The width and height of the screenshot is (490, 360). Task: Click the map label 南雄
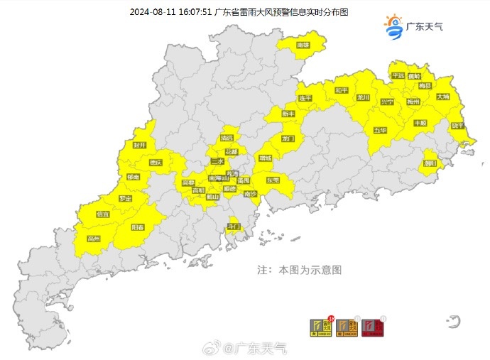click(x=303, y=45)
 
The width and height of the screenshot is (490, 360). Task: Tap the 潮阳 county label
click(x=429, y=163)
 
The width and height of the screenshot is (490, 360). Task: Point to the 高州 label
click(x=93, y=239)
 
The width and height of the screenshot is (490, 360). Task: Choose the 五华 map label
click(x=381, y=131)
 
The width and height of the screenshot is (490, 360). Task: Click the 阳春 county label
click(x=138, y=227)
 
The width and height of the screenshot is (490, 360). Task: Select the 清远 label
click(x=227, y=137)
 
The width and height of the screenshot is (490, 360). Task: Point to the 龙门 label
click(x=288, y=138)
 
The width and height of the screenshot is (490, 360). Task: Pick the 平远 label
click(x=397, y=75)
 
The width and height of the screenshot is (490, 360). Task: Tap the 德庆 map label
click(x=155, y=163)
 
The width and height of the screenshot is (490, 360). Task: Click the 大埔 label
click(x=442, y=96)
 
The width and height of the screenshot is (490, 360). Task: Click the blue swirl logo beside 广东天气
click(x=393, y=27)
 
